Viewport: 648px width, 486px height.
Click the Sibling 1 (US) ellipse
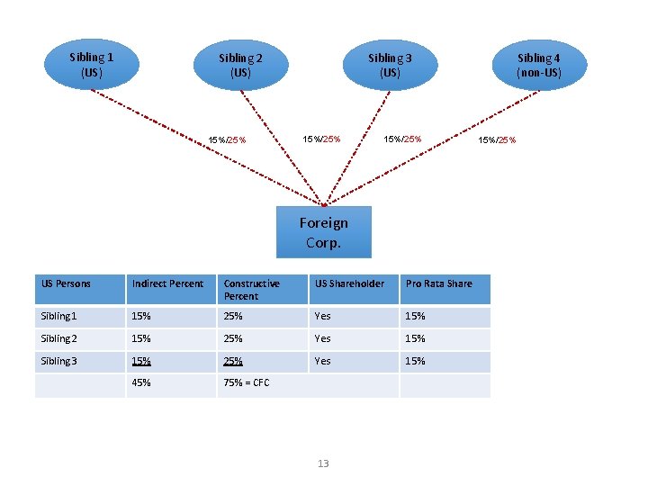coord(91,64)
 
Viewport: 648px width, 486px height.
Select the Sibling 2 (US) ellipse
coord(240,65)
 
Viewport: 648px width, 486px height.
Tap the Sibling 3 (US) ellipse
coord(390,65)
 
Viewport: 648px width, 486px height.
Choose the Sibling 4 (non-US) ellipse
coord(538,65)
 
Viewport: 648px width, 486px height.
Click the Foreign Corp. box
coord(324,232)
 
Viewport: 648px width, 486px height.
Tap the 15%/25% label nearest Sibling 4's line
coord(497,139)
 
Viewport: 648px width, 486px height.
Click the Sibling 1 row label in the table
coord(59,316)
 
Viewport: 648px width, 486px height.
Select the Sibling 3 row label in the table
coord(59,361)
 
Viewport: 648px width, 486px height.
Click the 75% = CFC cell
coord(247,383)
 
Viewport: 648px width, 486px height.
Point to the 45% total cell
coord(141,383)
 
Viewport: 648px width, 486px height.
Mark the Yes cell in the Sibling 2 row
coord(322,338)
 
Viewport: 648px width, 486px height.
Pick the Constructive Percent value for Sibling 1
coord(234,316)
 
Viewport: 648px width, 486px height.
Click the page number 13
coord(323,463)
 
